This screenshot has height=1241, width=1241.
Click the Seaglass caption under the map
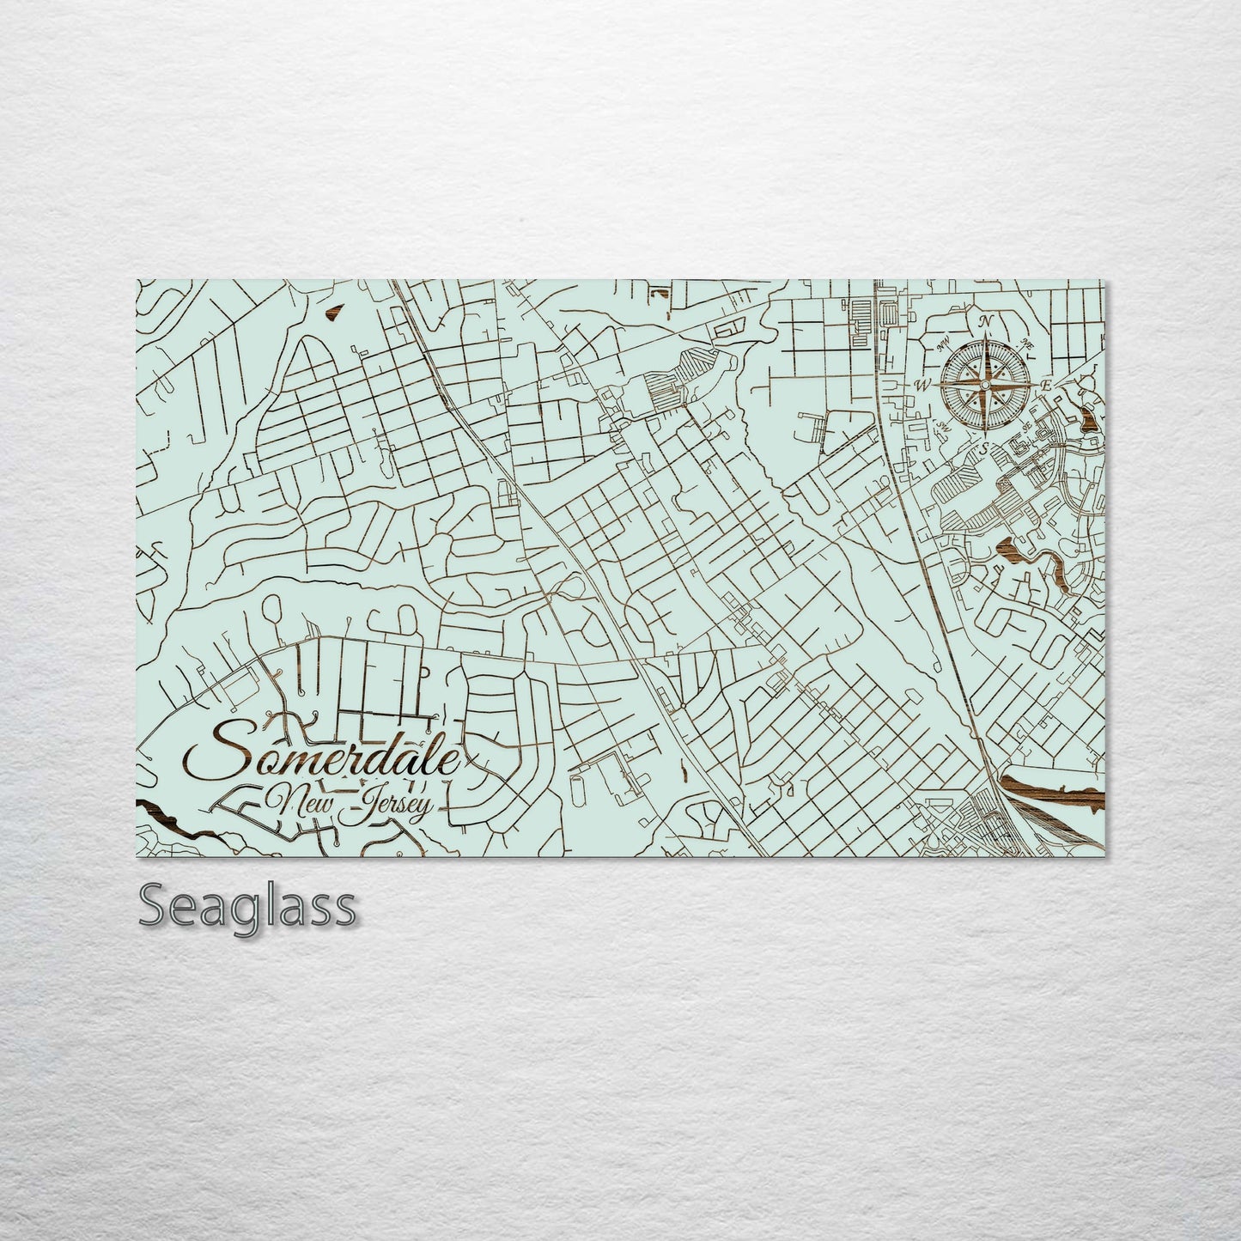point(246,905)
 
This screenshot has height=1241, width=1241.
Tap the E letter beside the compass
point(1046,386)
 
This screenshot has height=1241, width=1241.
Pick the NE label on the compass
point(1026,344)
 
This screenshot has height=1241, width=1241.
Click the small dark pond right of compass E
point(1089,419)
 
